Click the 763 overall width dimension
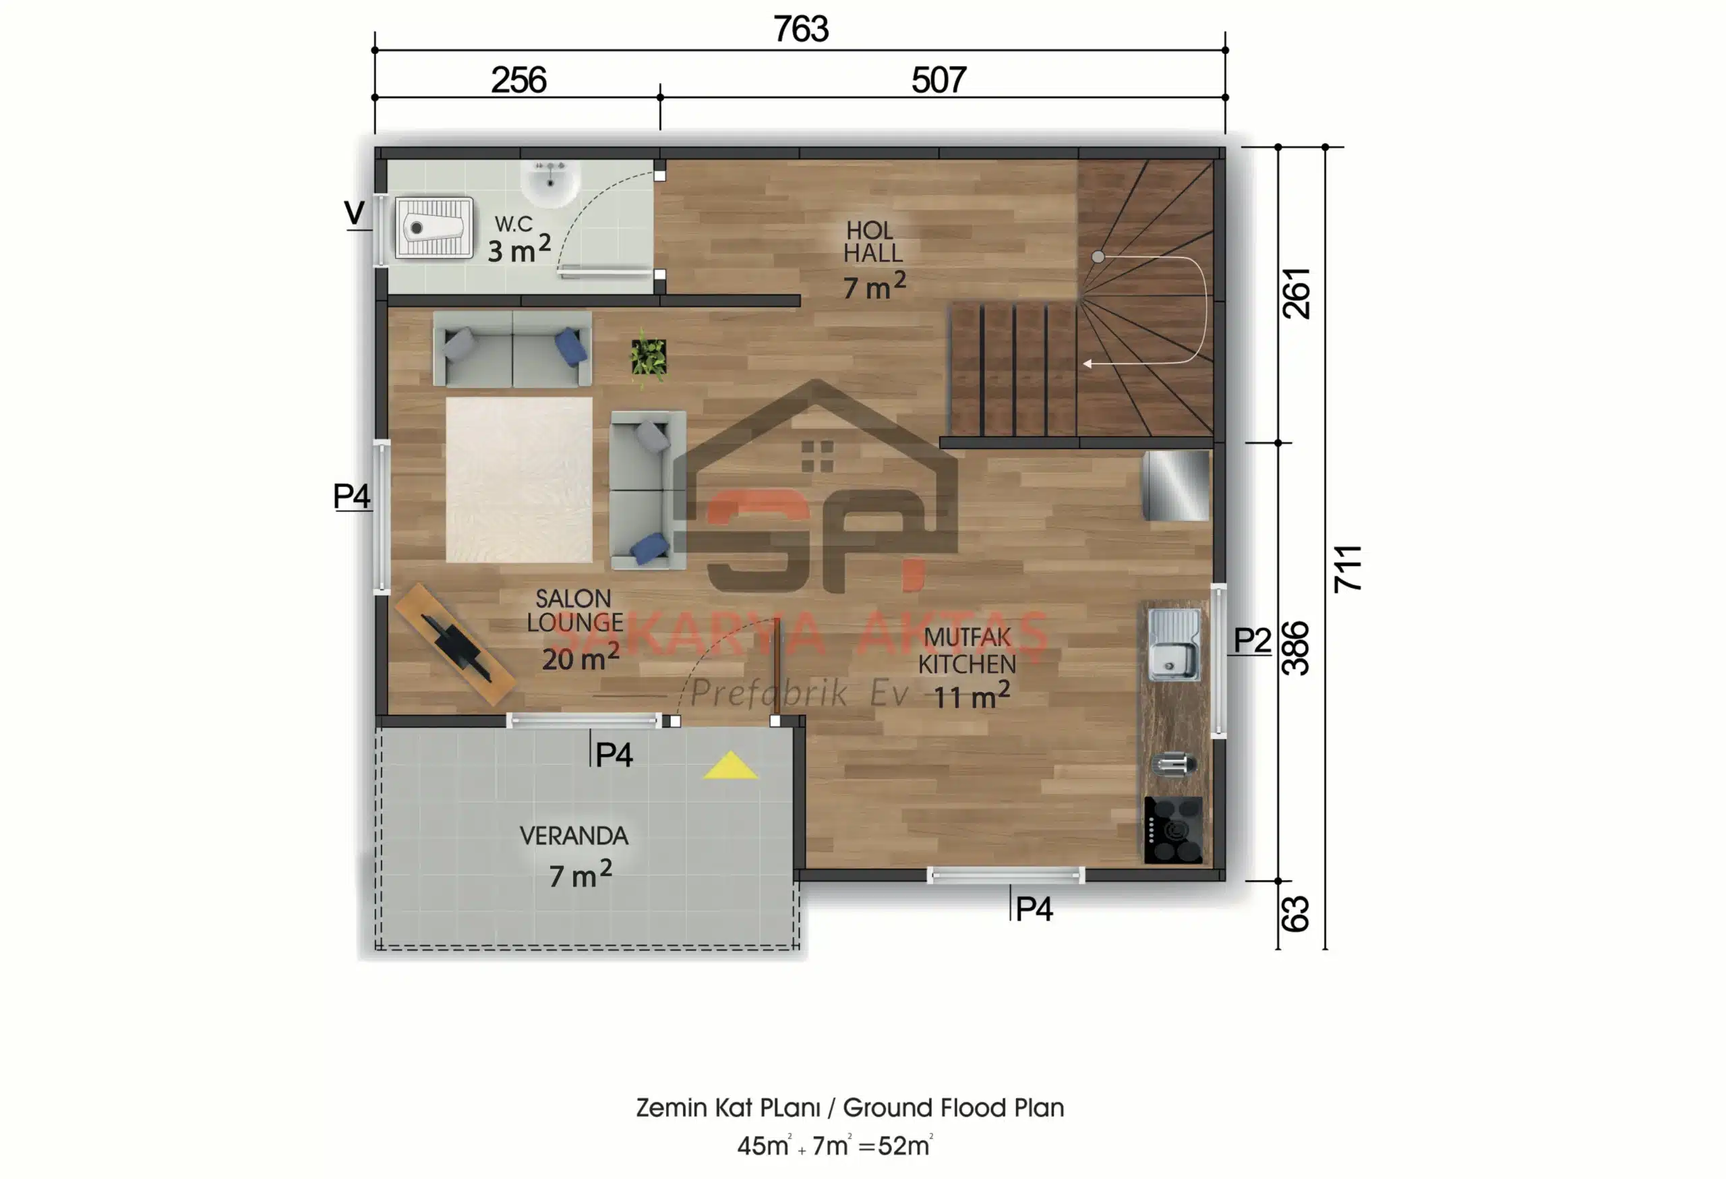[800, 30]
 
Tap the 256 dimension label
[518, 80]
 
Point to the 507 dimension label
[939, 80]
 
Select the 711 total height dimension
[1348, 569]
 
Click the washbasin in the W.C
[549, 183]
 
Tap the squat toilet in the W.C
[434, 228]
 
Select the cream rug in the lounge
[519, 480]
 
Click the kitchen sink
[1173, 645]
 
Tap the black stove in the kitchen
[1173, 830]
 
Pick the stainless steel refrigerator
[1176, 486]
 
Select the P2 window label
[1252, 639]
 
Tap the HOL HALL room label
[872, 242]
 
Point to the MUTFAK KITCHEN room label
[967, 651]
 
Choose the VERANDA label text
[573, 836]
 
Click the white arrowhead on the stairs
[1088, 364]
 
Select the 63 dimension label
[1294, 914]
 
